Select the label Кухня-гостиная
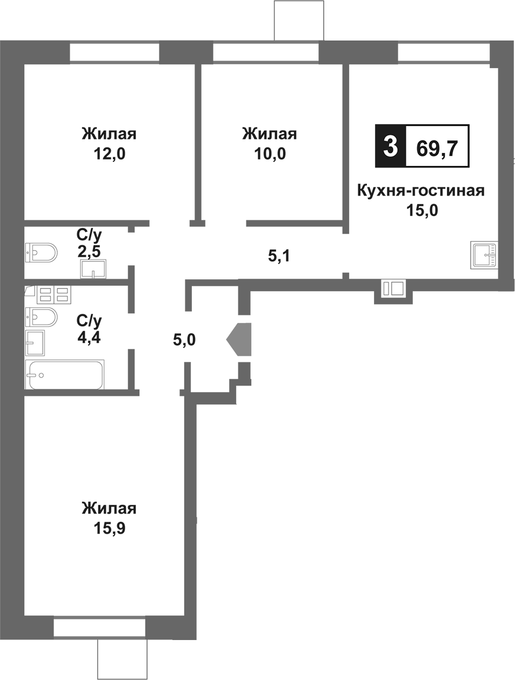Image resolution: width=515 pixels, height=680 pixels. pyautogui.click(x=421, y=191)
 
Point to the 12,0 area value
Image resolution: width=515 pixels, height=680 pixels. pyautogui.click(x=109, y=154)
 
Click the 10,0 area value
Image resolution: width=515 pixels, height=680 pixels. pyautogui.click(x=270, y=154)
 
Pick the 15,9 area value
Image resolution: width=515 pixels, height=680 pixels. pyautogui.click(x=109, y=529)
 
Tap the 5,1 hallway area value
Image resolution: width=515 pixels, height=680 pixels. pyautogui.click(x=279, y=255)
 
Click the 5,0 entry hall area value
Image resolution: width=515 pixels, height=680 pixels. pyautogui.click(x=184, y=340)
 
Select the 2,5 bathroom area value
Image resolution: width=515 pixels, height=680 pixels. pyautogui.click(x=89, y=251)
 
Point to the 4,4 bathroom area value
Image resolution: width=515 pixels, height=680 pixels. pyautogui.click(x=89, y=338)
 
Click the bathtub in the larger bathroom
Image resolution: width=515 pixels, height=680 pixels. pyautogui.click(x=65, y=375)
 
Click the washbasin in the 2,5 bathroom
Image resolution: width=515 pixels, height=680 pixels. pyautogui.click(x=93, y=268)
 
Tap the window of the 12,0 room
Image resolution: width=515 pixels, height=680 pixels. pyautogui.click(x=114, y=53)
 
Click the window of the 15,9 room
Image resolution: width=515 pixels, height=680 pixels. pyautogui.click(x=99, y=629)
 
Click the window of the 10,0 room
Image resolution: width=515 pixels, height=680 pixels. pyautogui.click(x=265, y=53)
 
